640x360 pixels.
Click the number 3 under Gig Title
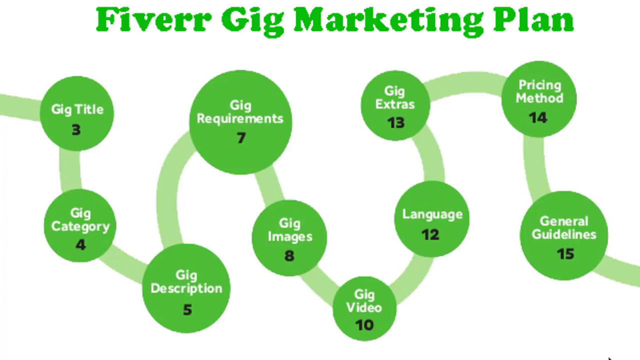coord(76,130)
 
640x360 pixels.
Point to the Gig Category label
coord(80,220)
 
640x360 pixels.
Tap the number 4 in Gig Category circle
coord(80,245)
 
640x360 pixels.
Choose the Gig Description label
coord(186,282)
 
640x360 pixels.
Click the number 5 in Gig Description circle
coord(187,310)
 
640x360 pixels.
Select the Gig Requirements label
coord(240,112)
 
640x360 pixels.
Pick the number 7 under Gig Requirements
coord(241,138)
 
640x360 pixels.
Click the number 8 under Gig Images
coord(289,256)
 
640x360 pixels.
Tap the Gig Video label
coord(364,300)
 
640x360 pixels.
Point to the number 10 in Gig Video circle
coord(364,325)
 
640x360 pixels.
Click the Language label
coord(432,214)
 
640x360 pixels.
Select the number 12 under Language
coord(430,234)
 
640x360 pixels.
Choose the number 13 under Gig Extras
coord(395,122)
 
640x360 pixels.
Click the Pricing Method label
coord(539,91)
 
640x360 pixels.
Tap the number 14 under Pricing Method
coord(538,117)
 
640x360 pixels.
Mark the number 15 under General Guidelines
coord(565,254)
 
